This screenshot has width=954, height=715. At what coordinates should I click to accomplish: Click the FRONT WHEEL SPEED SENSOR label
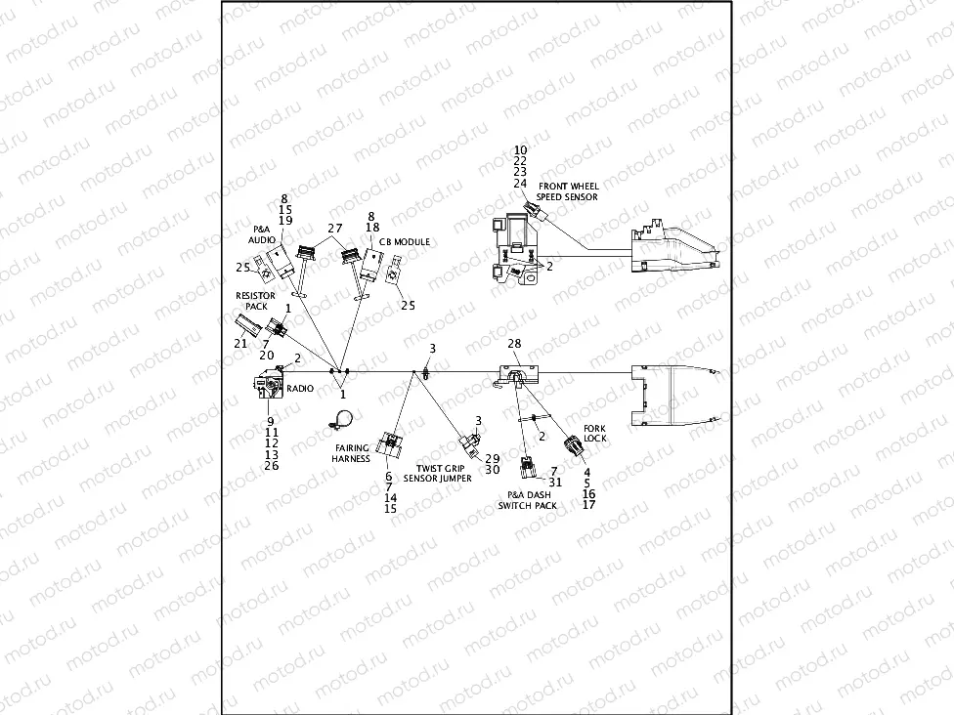point(568,191)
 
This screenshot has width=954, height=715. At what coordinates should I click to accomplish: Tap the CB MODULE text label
point(404,241)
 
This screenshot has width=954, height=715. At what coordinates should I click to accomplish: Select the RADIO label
point(300,388)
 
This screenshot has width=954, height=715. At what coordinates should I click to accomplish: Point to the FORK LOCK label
point(594,434)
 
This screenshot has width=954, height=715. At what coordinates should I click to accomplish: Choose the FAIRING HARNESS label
point(351,453)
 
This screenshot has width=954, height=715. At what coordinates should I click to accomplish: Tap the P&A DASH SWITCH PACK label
point(528,500)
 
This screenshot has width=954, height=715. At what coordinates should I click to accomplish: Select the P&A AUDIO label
point(261,233)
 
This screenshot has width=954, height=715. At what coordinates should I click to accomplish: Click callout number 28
point(514,345)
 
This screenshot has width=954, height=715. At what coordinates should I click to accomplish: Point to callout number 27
point(335,228)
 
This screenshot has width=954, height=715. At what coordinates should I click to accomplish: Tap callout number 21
point(240,343)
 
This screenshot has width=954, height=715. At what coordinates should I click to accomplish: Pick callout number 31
point(556,482)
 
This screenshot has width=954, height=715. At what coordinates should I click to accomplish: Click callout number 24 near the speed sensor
point(520,184)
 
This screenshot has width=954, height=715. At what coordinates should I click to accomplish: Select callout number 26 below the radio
point(272,465)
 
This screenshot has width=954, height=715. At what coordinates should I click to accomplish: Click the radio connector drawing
point(266,384)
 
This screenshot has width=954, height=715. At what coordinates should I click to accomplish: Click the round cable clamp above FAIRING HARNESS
point(341,420)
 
